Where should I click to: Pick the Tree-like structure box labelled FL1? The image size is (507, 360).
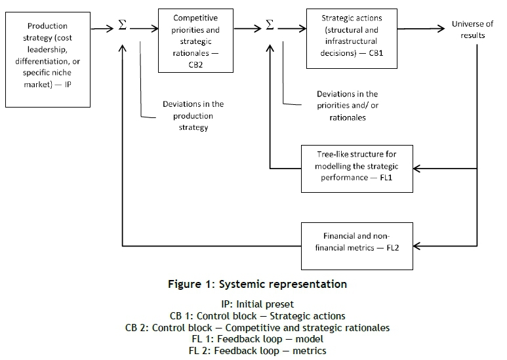(x=357, y=168)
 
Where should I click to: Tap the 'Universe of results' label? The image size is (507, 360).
(x=472, y=30)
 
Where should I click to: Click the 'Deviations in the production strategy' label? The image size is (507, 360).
(x=193, y=115)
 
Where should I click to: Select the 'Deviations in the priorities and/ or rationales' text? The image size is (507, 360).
(x=347, y=106)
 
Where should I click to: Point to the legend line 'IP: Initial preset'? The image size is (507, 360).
(x=256, y=305)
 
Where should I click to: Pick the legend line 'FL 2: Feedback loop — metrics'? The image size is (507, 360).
(x=256, y=350)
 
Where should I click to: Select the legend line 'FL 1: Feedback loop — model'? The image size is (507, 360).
(x=256, y=338)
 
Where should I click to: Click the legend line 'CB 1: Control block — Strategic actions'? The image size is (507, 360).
(x=256, y=316)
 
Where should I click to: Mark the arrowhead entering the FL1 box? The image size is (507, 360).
(x=417, y=168)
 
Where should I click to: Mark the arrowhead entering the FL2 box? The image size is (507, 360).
(x=417, y=247)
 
